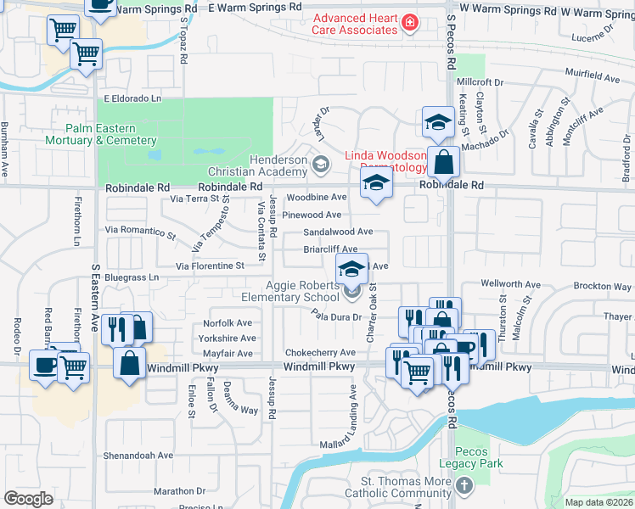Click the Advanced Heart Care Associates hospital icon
point(410,22)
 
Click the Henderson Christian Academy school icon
point(320,164)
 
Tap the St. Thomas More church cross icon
point(464,486)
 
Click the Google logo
point(29,499)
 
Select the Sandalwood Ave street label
point(338,232)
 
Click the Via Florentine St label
point(210,266)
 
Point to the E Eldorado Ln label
point(132,98)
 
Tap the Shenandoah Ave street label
point(139,456)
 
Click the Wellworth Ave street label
point(510,285)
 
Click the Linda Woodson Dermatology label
point(385,161)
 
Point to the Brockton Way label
point(602,287)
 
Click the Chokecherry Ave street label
point(320,352)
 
